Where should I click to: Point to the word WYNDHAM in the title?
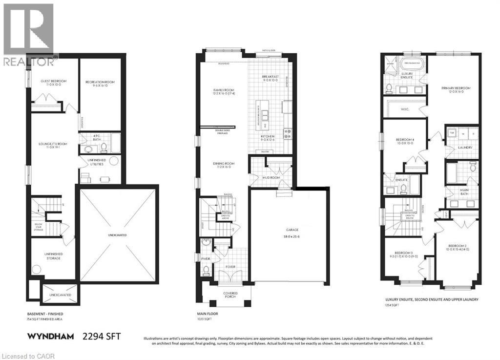click(50, 337)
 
